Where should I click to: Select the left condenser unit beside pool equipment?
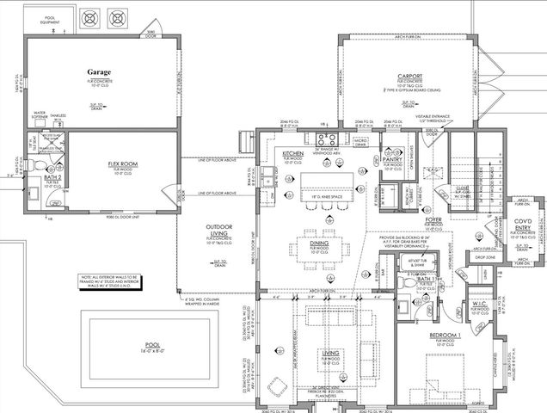[89, 18]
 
